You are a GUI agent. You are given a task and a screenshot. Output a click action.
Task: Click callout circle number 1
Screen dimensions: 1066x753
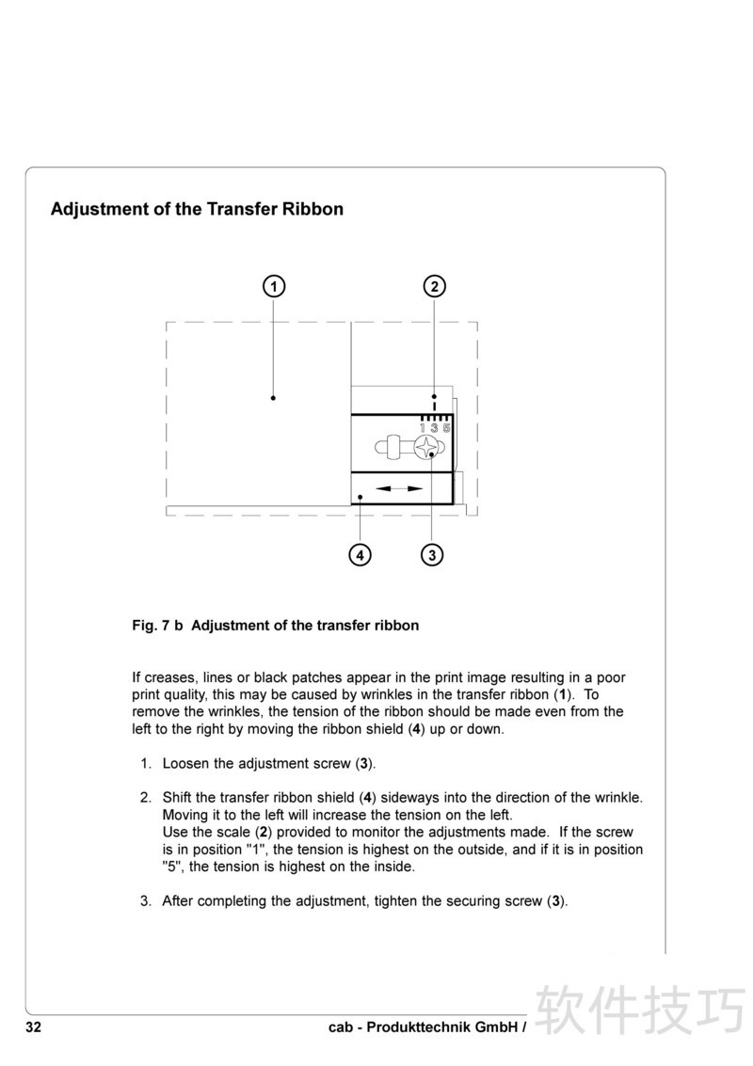273,286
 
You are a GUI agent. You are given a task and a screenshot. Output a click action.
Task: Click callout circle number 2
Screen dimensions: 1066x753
434,286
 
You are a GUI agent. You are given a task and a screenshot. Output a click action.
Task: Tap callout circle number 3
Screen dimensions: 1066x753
432,554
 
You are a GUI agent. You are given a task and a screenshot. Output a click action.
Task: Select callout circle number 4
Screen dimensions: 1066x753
360,554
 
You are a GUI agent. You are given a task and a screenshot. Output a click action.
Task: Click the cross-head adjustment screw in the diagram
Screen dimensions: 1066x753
426,448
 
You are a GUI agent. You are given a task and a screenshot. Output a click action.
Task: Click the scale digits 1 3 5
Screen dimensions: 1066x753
435,428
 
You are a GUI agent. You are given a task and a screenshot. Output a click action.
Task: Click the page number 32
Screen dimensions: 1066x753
33,1027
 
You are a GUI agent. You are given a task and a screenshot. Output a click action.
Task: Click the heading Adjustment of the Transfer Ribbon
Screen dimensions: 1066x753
197,209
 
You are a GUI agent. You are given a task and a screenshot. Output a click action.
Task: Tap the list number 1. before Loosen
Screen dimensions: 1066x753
147,763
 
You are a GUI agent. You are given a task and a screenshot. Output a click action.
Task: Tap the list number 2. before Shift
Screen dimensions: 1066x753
147,797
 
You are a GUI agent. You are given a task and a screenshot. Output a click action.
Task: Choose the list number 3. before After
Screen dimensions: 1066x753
147,900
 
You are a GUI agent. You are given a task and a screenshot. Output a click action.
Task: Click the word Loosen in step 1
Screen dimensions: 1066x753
187,763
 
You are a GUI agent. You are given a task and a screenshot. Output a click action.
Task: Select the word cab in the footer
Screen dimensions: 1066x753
341,1027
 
